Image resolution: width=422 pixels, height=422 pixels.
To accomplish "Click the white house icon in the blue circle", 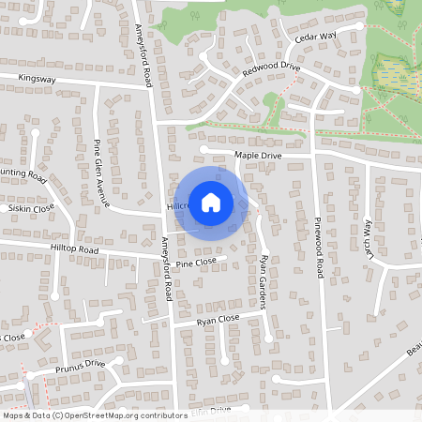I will (x=211, y=202).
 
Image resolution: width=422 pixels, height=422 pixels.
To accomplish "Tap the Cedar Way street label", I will (x=315, y=37).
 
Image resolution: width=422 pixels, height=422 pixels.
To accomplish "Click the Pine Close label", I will (x=196, y=262).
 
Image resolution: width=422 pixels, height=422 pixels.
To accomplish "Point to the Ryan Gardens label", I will (x=264, y=281).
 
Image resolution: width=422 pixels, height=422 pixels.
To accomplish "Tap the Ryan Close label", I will (x=219, y=321).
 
